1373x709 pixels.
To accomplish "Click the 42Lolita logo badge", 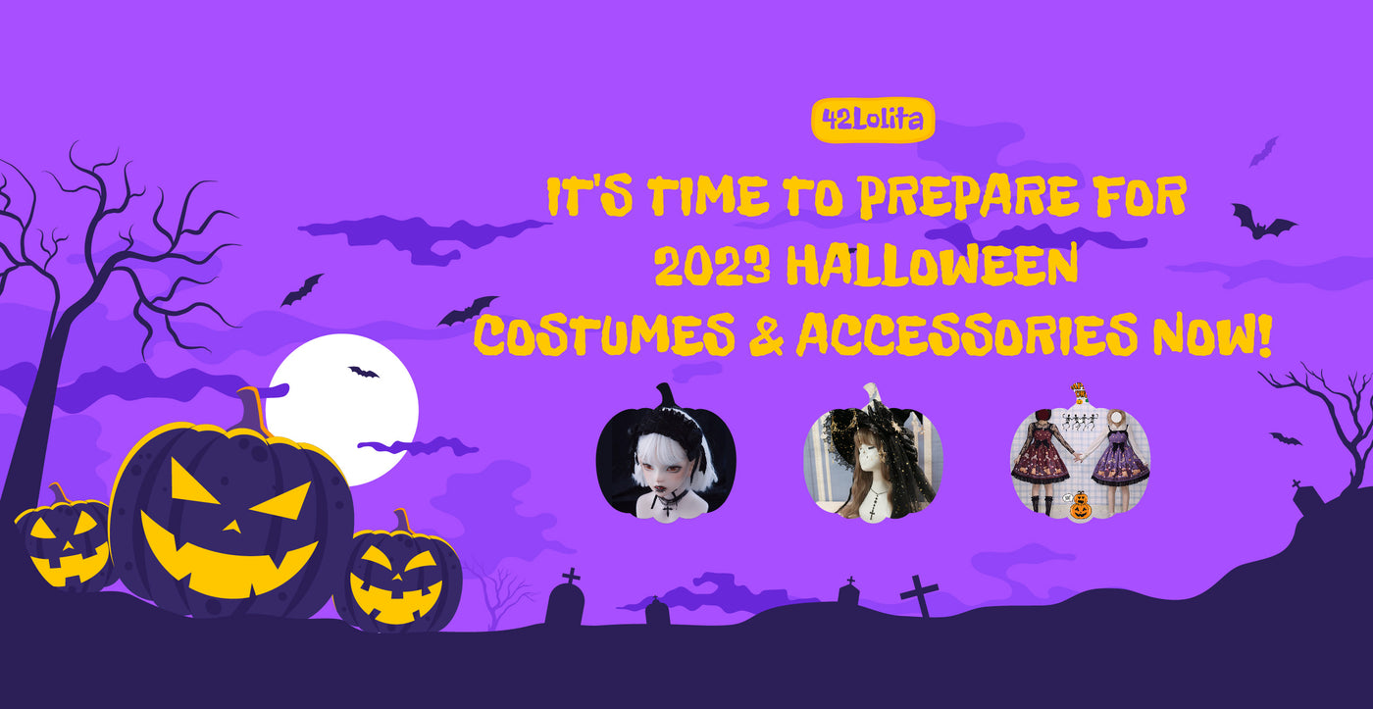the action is (873, 120).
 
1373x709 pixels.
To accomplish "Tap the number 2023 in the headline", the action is (712, 266).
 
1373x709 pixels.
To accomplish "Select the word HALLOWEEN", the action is (932, 266).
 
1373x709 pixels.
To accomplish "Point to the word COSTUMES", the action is (604, 334).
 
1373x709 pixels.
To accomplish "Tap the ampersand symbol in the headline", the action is (766, 334).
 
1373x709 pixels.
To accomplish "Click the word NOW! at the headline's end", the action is (1212, 334).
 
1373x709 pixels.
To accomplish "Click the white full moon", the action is (342, 409).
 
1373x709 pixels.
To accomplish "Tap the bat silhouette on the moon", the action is (364, 372).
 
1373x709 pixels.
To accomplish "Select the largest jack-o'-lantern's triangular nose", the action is (232, 524).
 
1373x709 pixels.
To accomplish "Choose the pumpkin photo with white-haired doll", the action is (666, 453).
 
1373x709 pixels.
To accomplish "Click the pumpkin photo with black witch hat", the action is (873, 453).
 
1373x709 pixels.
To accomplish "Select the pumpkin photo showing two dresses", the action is (1080, 453).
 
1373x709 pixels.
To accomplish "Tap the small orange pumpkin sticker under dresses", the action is (1080, 506).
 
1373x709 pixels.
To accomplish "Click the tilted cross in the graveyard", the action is (919, 595).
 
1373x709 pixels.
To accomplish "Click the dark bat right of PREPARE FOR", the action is (1263, 223).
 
